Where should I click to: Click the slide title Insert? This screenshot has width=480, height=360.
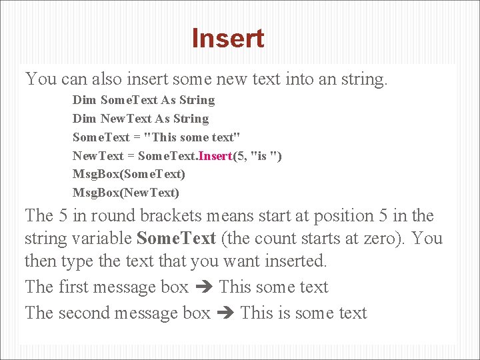(228, 39)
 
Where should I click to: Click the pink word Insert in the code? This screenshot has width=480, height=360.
(214, 156)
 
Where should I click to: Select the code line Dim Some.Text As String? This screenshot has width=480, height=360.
(143, 100)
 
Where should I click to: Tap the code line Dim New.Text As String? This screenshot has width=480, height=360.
(141, 119)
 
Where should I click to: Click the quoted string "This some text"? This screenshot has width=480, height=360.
(197, 137)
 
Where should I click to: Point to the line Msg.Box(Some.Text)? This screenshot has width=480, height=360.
(129, 174)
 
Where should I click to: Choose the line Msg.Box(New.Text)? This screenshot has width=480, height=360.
(126, 193)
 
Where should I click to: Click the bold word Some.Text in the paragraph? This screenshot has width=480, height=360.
(176, 239)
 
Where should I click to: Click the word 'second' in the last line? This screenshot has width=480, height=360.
(83, 313)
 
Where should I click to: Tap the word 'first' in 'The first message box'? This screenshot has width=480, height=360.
(73, 287)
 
